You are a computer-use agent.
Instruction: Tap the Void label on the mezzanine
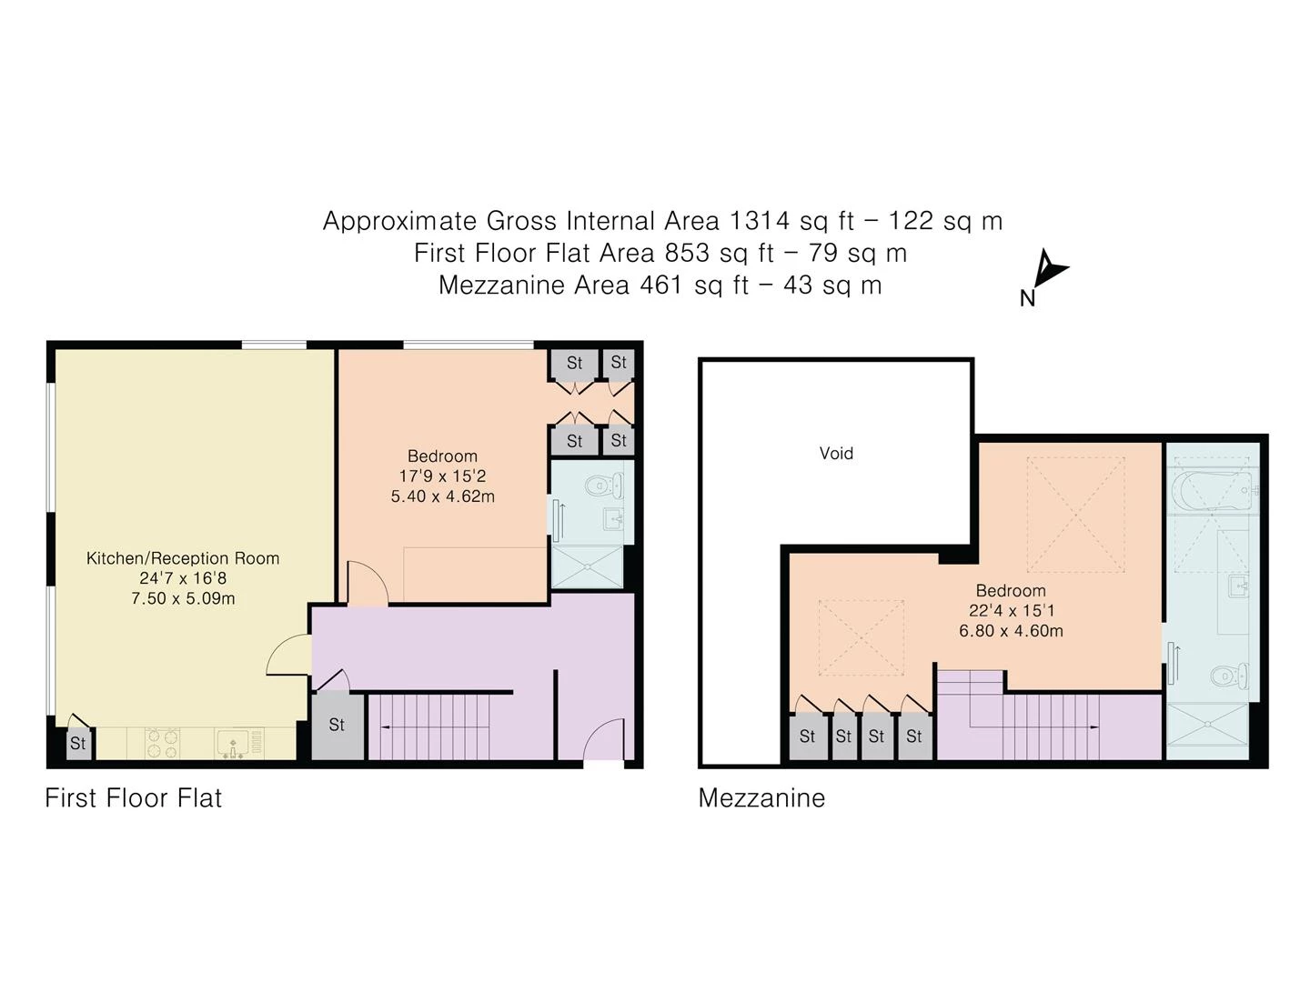836,453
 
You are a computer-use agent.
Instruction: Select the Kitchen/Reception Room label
183,558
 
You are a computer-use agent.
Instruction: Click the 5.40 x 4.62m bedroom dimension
442,496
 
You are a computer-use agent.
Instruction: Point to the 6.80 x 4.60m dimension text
1011,630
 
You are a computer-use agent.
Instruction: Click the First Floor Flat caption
133,797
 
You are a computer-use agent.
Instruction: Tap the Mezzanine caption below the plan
761,797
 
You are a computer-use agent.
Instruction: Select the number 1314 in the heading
759,221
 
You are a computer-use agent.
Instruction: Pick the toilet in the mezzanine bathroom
1229,676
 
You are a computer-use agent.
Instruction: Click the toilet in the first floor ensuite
605,486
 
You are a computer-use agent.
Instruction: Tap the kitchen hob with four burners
162,743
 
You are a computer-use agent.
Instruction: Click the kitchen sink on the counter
234,744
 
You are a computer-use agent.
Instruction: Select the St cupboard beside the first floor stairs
338,726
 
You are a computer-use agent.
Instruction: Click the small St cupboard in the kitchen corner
78,744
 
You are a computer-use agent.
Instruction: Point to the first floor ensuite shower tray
588,567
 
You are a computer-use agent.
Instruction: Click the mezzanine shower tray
1207,725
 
